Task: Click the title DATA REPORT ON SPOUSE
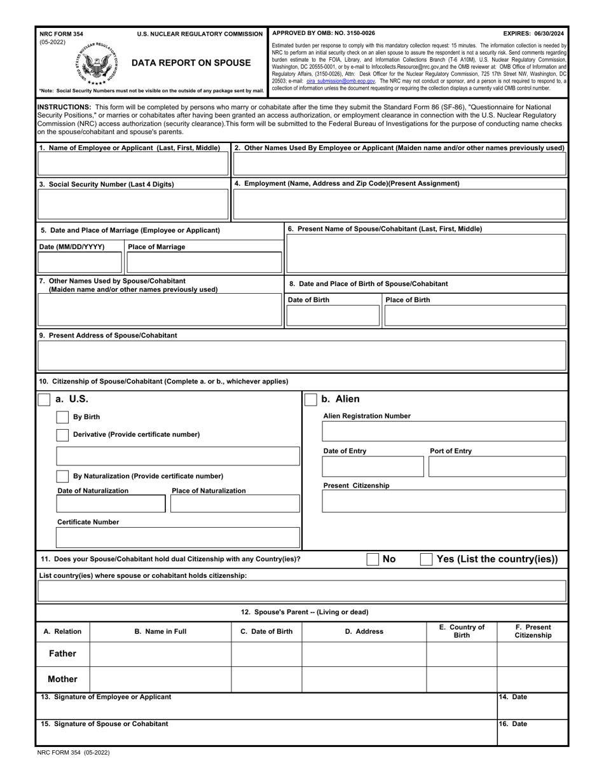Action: point(191,62)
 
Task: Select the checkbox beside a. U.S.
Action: point(45,399)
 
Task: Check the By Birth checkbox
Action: point(62,417)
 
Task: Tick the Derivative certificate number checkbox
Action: point(62,435)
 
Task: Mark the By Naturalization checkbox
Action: point(62,476)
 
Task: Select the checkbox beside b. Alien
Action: point(310,399)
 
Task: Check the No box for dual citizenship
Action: point(373,559)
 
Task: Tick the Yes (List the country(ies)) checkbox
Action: point(427,559)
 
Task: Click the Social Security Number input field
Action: point(133,205)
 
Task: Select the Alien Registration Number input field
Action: point(444,431)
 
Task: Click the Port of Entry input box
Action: point(497,467)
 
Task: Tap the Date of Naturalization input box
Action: point(111,504)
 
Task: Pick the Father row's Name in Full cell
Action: point(160,654)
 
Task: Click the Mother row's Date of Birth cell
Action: point(266,679)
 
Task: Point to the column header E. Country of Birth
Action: point(462,631)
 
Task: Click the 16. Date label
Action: point(513,724)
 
